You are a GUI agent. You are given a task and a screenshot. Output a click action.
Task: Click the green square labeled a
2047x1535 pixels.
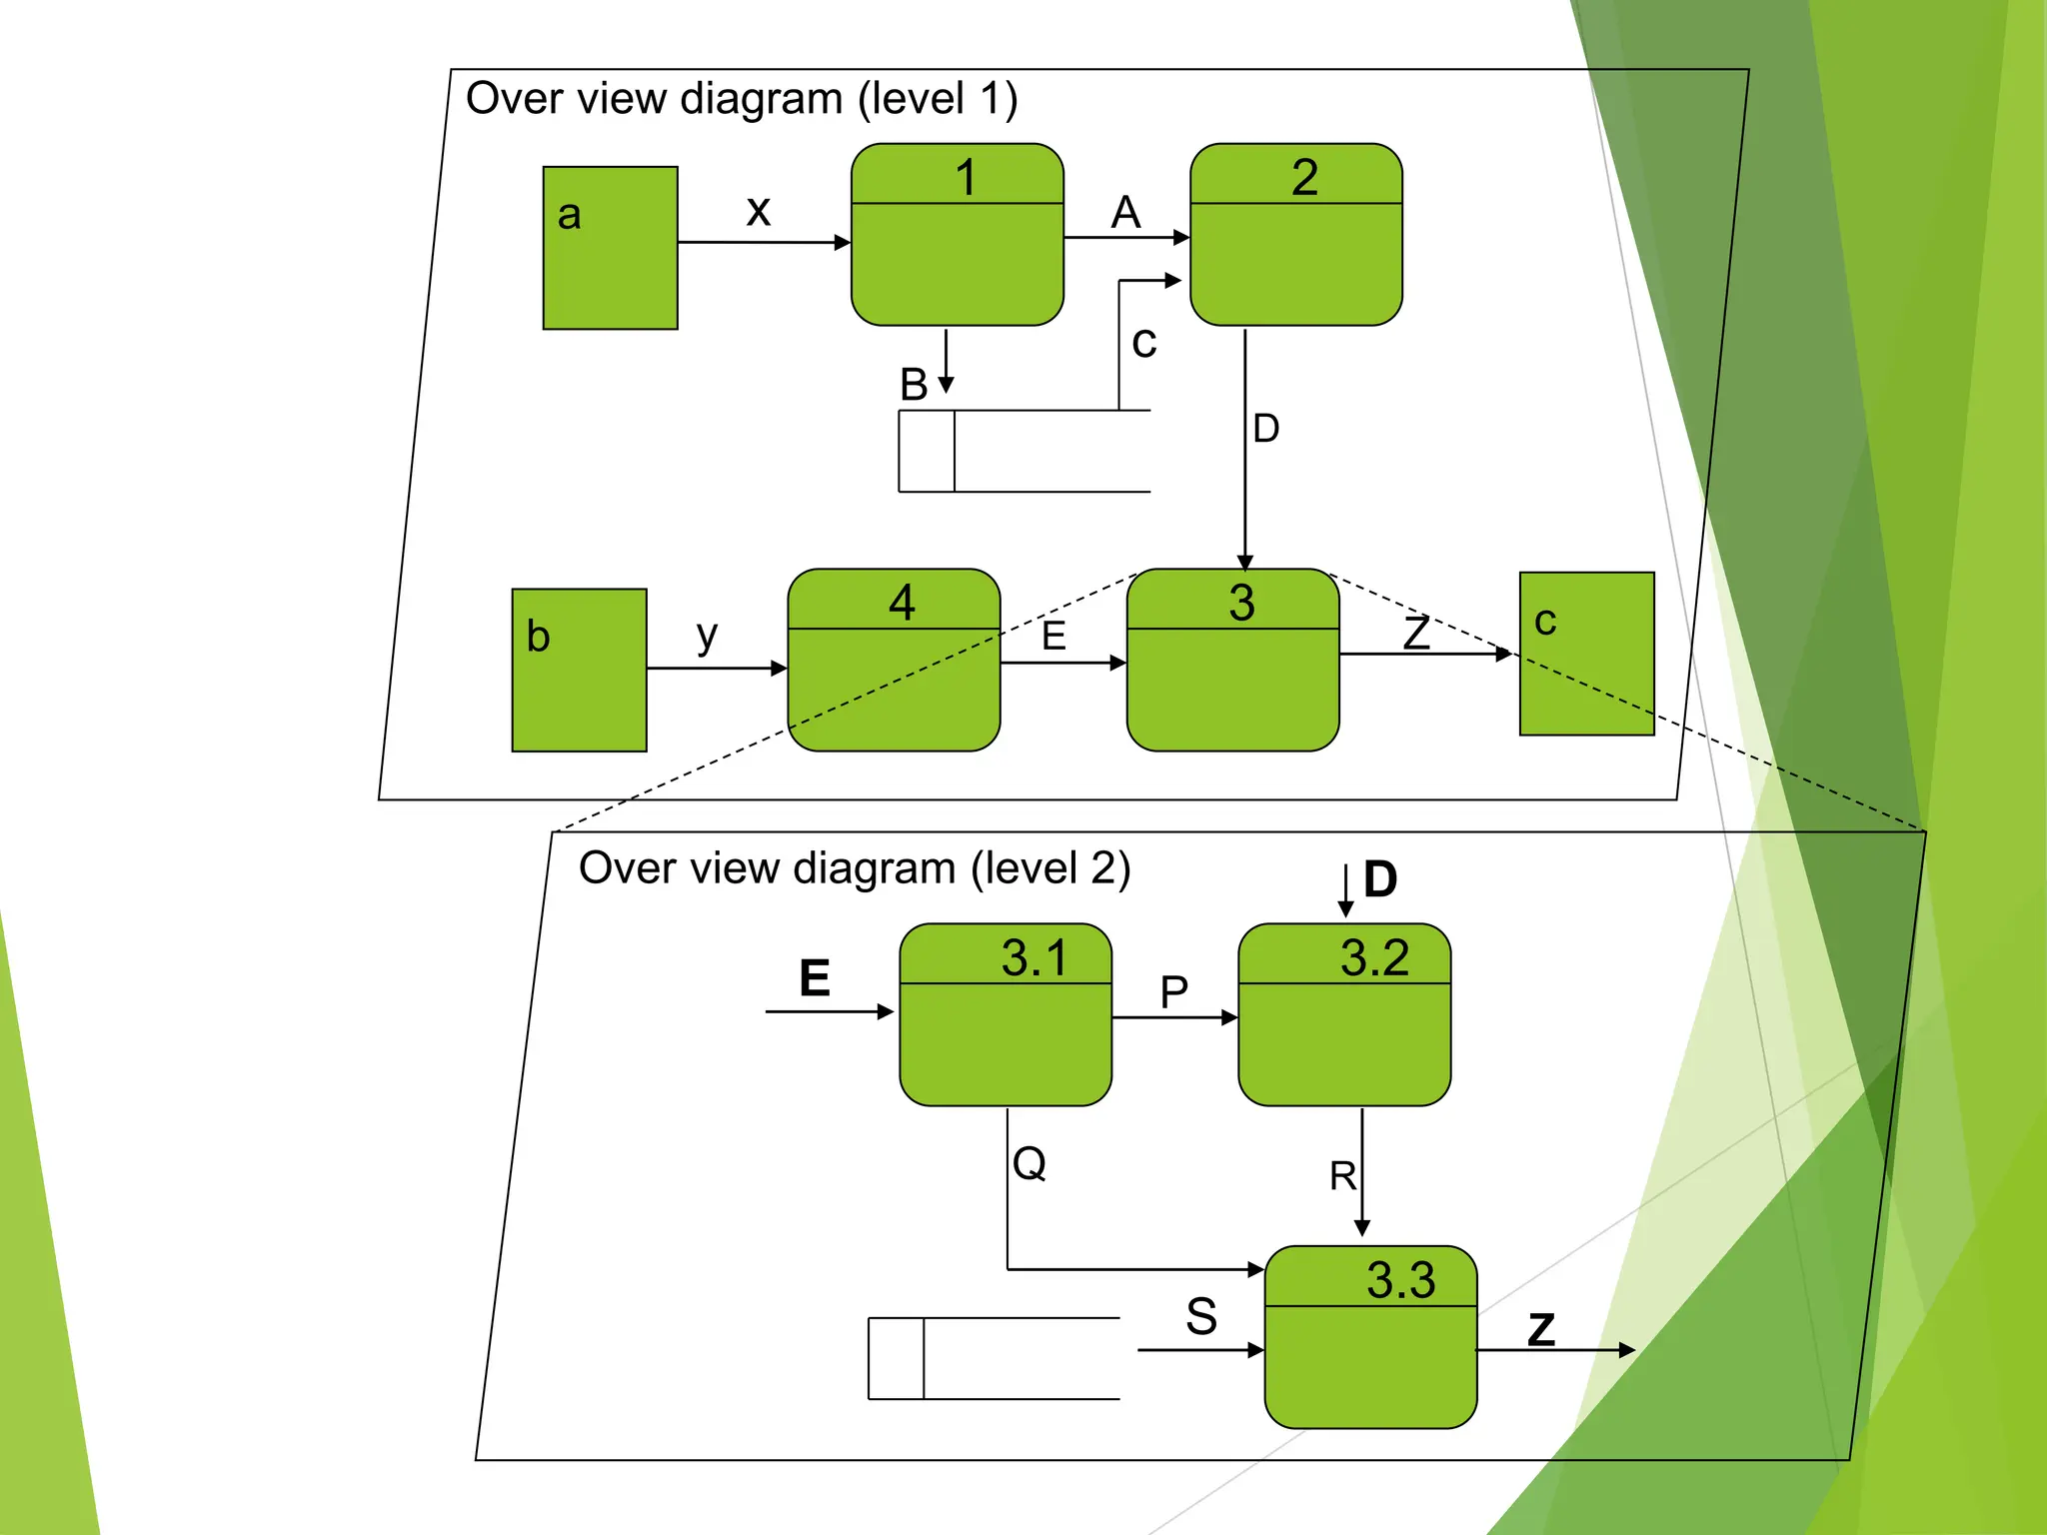tap(610, 248)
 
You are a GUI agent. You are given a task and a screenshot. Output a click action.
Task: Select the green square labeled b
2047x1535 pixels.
tap(579, 670)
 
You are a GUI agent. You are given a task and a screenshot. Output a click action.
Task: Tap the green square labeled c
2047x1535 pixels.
tap(1586, 654)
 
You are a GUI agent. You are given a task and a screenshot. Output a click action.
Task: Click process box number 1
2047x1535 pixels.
tap(957, 235)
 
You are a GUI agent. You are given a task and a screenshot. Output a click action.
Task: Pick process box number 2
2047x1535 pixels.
tap(1295, 235)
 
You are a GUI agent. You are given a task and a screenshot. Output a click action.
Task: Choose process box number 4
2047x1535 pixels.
tap(894, 660)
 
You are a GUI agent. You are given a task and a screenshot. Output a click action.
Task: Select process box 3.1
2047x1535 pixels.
tap(1006, 1014)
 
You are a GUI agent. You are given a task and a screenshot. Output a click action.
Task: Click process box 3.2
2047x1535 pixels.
tap(1344, 1014)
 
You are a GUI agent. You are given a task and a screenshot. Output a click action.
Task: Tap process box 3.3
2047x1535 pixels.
tap(1370, 1337)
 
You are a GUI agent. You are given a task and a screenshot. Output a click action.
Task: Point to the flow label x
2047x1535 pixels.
tap(759, 210)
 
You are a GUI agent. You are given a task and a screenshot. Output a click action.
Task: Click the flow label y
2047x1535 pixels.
tap(707, 635)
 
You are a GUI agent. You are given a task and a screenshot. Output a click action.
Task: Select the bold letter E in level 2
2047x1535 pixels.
tap(815, 977)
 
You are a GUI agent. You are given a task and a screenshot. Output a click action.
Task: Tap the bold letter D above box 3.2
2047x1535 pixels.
tap(1380, 879)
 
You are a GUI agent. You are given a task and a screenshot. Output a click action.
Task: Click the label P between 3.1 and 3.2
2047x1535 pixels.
tap(1173, 992)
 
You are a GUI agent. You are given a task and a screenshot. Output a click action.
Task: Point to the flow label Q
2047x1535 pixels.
tap(1029, 1163)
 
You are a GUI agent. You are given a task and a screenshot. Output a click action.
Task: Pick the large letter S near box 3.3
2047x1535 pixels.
tap(1201, 1316)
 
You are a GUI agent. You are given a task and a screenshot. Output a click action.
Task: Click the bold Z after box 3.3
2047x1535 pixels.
tap(1541, 1329)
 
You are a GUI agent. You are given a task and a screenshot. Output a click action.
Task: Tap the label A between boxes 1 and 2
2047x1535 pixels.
tap(1125, 212)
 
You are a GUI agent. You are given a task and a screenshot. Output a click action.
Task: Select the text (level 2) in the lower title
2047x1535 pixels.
tap(1050, 867)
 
